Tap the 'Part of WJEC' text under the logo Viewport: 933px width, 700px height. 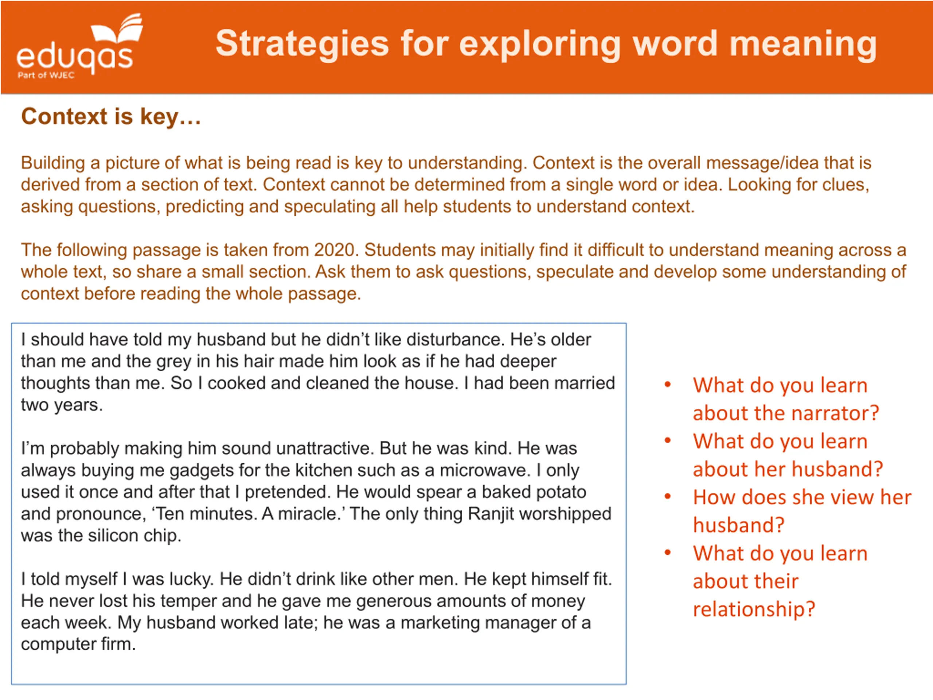[x=46, y=75]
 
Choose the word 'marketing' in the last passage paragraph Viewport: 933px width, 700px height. [x=440, y=623]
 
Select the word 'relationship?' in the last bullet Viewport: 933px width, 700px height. [x=754, y=609]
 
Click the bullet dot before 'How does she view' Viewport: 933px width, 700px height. [x=668, y=497]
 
